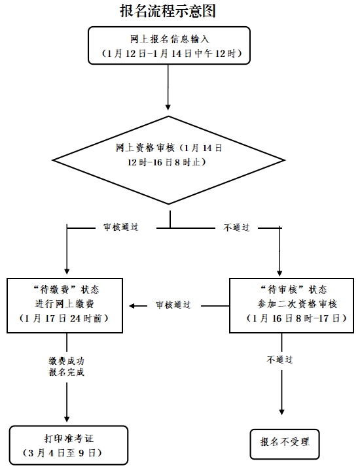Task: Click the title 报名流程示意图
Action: pyautogui.click(x=168, y=10)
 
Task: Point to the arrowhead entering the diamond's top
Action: pyautogui.click(x=169, y=106)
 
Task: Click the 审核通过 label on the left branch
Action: pyautogui.click(x=120, y=228)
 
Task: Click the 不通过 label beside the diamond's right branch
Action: pyautogui.click(x=236, y=228)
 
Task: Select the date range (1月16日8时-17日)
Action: pyautogui.click(x=289, y=319)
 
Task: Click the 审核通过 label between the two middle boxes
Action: pyautogui.click(x=173, y=305)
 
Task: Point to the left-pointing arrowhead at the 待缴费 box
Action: pyautogui.click(x=132, y=305)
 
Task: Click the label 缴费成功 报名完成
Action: pyautogui.click(x=66, y=366)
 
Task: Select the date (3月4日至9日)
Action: pyautogui.click(x=66, y=452)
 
